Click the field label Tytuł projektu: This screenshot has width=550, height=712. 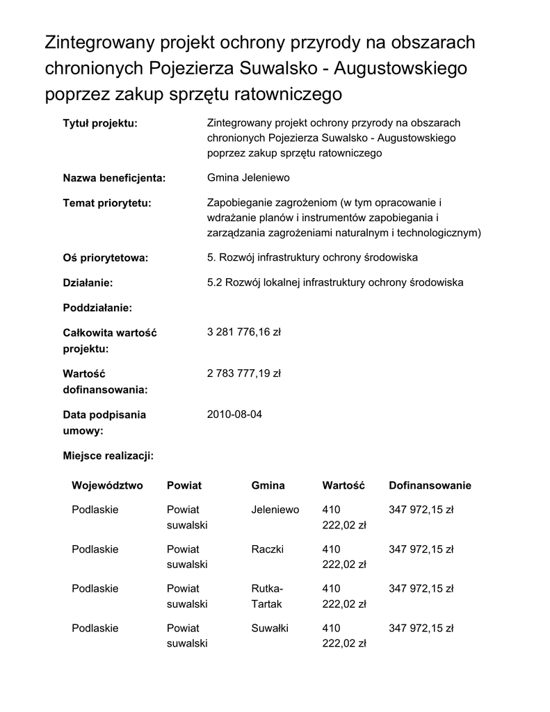(100, 123)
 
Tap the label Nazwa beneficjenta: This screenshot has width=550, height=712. (114, 178)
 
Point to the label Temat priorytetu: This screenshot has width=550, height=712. (107, 203)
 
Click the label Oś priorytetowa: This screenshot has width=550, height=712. (106, 258)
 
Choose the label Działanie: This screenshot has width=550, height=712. (88, 283)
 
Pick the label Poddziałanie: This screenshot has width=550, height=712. (97, 307)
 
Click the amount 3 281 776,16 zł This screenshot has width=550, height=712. (243, 332)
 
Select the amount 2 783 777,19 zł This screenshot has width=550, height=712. (243, 373)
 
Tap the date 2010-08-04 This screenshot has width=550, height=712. (235, 414)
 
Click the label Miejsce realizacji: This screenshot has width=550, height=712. (108, 456)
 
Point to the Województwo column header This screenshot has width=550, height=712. (107, 485)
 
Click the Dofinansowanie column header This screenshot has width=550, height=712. (430, 485)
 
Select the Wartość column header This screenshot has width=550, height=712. (343, 485)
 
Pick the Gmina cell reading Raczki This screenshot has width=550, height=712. (267, 549)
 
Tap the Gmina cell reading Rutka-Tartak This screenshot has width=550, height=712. (267, 596)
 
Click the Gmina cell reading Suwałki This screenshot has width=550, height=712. (269, 629)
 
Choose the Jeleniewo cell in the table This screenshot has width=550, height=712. (275, 510)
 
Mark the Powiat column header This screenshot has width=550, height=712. (184, 485)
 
